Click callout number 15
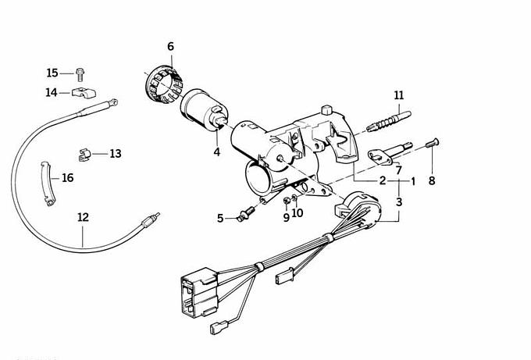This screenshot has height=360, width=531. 52,73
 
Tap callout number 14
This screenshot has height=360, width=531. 52,93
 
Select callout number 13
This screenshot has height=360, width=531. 116,154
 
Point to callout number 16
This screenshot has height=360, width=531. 67,178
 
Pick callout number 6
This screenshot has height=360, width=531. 171,47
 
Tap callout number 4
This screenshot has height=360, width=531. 216,152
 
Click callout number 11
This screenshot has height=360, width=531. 399,96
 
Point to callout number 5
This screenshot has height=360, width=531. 220,218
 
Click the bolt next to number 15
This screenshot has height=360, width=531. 80,73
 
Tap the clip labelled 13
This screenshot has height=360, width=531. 88,151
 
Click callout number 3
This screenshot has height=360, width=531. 399,201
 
